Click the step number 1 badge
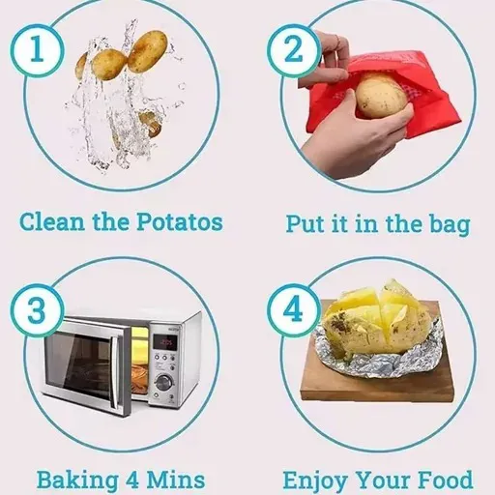click(x=37, y=50)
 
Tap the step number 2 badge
click(x=294, y=50)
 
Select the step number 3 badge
click(x=37, y=310)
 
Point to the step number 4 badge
click(x=294, y=310)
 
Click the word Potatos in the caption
click(x=179, y=222)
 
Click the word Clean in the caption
click(x=52, y=222)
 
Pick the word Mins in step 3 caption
click(x=176, y=480)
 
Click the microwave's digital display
click(x=164, y=341)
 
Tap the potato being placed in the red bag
click(x=381, y=96)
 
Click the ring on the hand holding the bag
click(x=337, y=41)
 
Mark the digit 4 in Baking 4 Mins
click(x=132, y=480)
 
